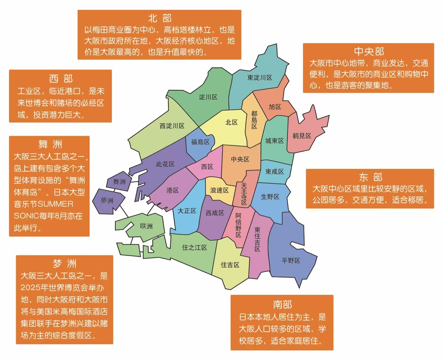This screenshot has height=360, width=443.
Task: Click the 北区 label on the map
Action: point(231,122)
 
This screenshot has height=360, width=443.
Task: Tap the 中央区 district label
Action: point(240,159)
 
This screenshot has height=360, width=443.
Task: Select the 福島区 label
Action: point(200,142)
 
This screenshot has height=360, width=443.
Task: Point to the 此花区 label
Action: point(165,164)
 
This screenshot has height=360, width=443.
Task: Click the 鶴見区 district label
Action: point(302,136)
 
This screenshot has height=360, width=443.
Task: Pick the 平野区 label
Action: point(291,260)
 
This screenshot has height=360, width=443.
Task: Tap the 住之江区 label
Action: point(195,247)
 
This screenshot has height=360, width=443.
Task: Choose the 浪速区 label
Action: point(219,190)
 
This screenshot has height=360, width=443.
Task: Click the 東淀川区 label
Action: point(260,78)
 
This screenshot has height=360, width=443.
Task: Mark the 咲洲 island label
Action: point(146,226)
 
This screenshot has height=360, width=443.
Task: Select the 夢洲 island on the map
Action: point(107,201)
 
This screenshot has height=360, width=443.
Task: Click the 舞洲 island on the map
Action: point(119,182)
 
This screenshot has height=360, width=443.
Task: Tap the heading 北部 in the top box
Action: point(160,19)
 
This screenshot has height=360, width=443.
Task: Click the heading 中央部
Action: point(369,51)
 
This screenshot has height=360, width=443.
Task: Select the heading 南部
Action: point(282,304)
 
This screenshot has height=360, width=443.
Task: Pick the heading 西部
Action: point(61,79)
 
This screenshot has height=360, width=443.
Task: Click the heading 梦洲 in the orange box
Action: point(65,264)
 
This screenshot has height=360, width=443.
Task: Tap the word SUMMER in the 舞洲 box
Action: point(55,204)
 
